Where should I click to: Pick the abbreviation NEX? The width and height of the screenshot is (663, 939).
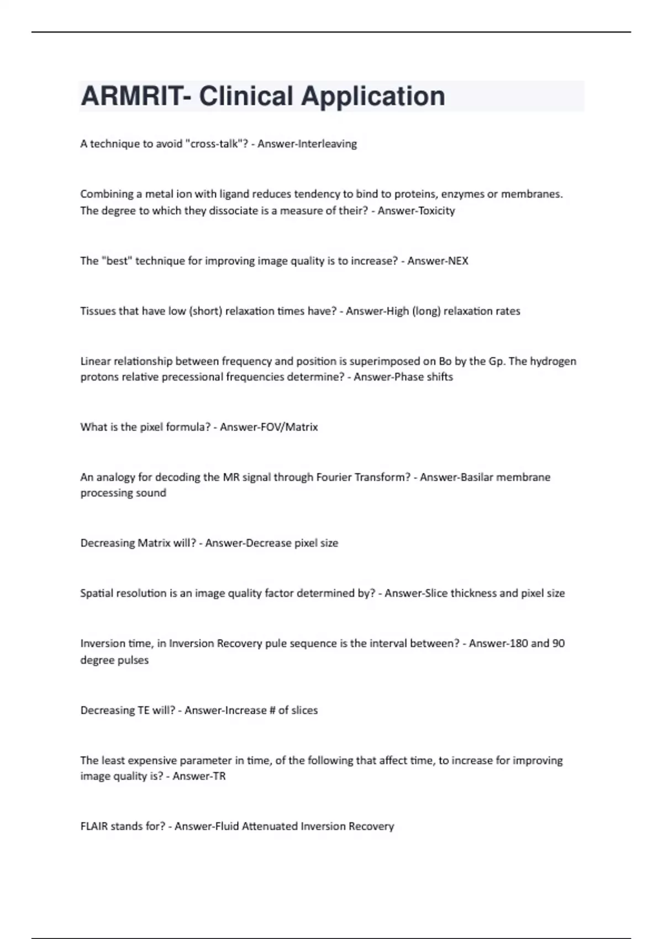(457, 261)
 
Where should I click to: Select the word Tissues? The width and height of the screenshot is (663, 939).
(97, 311)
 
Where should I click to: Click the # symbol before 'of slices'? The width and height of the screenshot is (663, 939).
(272, 710)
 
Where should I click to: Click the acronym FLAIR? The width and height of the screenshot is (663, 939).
(94, 826)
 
